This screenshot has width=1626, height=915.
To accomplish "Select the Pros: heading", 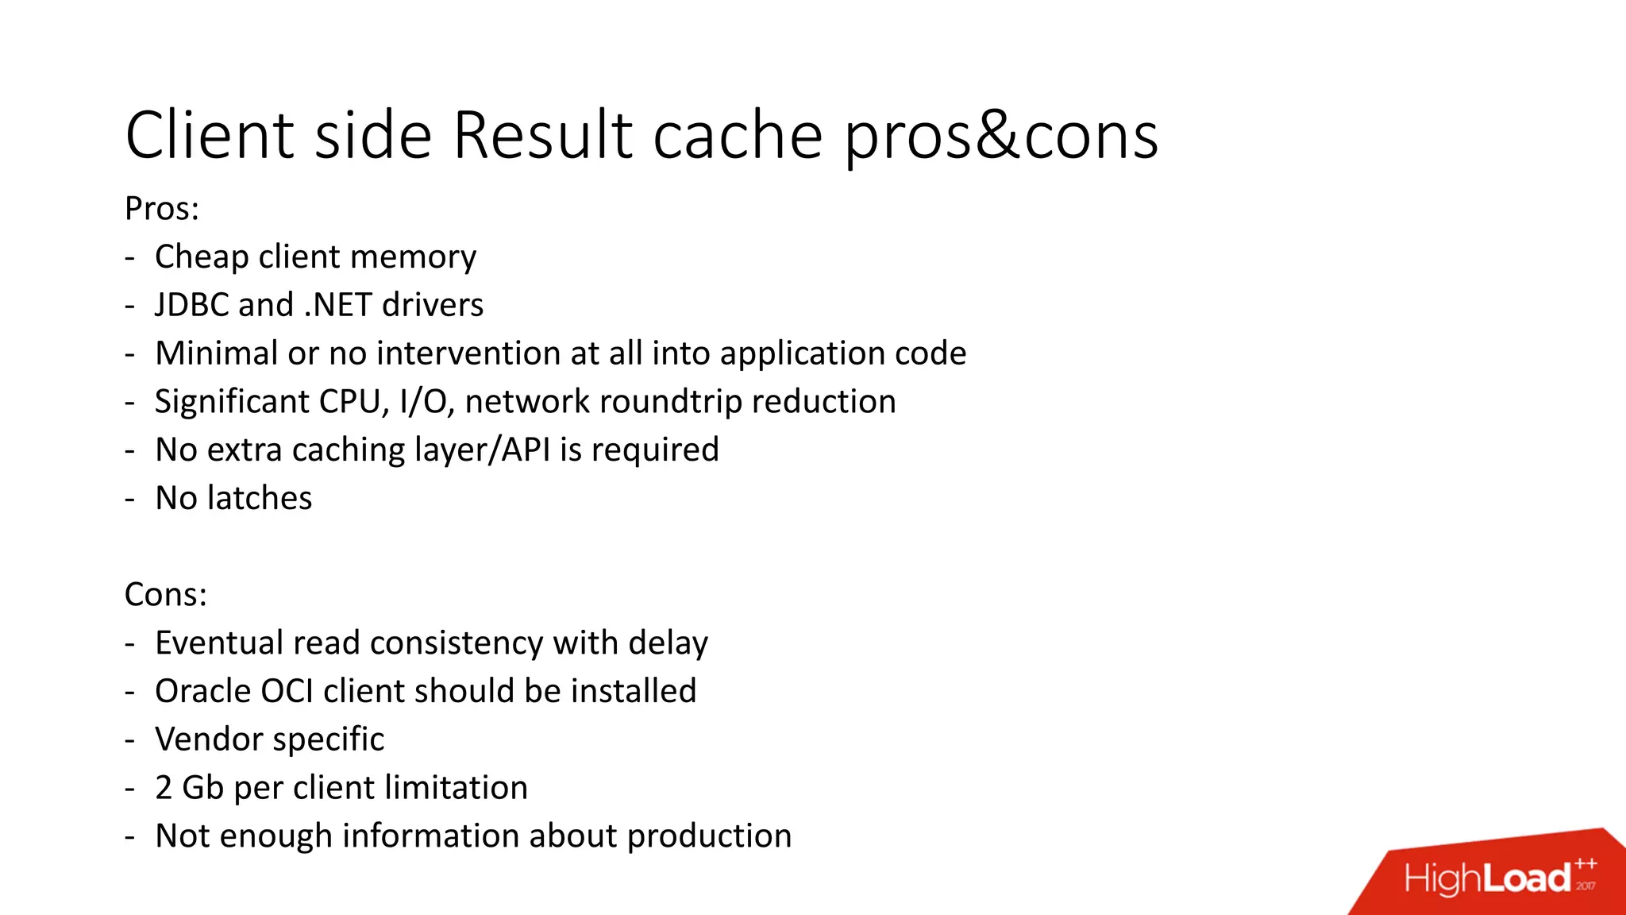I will (x=162, y=209).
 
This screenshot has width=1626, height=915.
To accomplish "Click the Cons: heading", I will (x=166, y=595).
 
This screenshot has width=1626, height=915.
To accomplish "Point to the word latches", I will (x=259, y=499).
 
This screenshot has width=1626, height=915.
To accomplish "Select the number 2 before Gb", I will (x=164, y=788).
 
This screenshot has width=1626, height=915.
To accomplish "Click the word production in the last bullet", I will (x=709, y=836).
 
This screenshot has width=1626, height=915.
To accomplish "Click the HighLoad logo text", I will (x=1487, y=878).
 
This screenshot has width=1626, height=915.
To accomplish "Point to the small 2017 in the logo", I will (x=1586, y=886).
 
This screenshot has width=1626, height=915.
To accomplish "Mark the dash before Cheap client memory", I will (x=129, y=258).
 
